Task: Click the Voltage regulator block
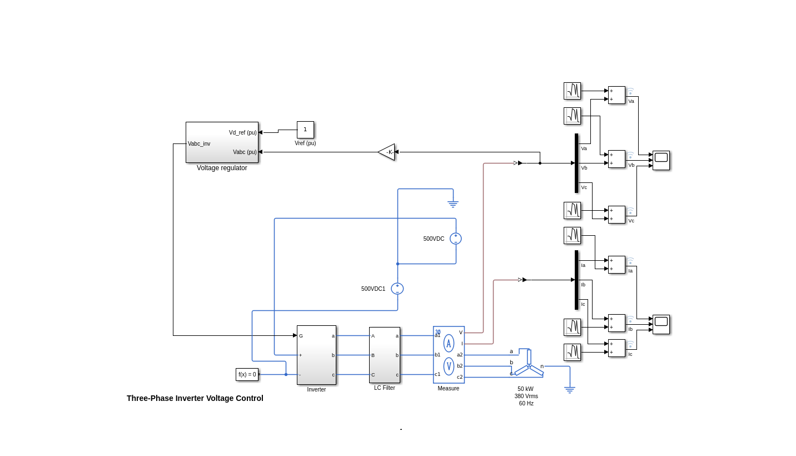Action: [x=222, y=142]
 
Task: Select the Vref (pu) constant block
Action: [x=305, y=130]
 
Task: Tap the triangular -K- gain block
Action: [x=387, y=152]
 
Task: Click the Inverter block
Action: [x=316, y=355]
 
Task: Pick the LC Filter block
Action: [x=385, y=355]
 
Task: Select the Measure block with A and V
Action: [x=449, y=355]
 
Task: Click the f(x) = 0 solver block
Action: [x=247, y=374]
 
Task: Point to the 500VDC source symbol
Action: [x=456, y=239]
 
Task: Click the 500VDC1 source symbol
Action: [x=397, y=289]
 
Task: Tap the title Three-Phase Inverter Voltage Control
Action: [x=195, y=398]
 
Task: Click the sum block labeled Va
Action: [x=616, y=95]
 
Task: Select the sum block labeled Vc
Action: [x=616, y=215]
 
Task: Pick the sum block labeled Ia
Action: [x=616, y=265]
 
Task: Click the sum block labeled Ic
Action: [x=616, y=348]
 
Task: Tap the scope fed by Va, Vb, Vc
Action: [x=661, y=160]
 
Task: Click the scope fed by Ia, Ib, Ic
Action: [x=661, y=324]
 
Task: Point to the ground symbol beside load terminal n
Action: [x=570, y=390]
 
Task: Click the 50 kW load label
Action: [x=525, y=389]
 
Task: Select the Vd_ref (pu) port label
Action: [x=243, y=133]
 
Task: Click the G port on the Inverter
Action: [x=301, y=336]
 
